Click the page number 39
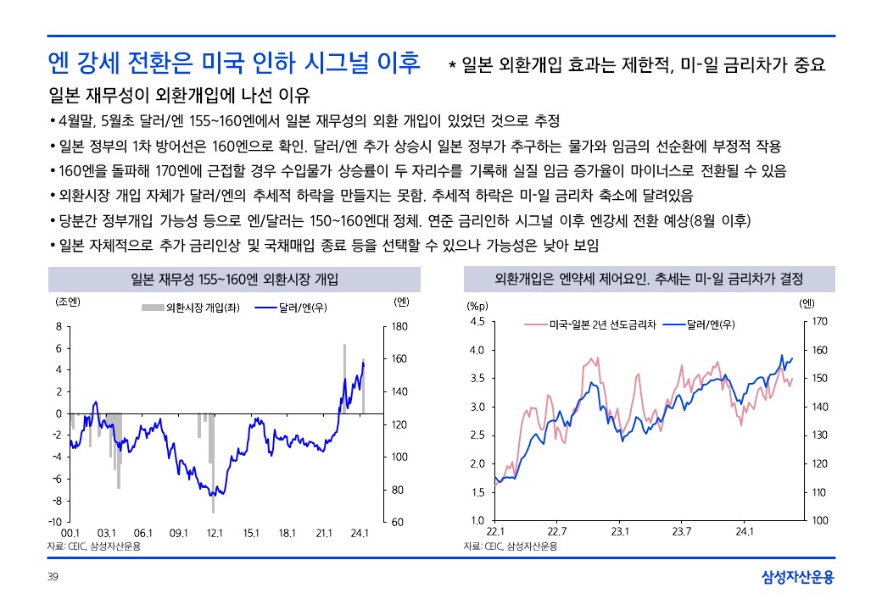53,578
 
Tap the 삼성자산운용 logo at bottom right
798,578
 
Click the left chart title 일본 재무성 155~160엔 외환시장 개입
229,279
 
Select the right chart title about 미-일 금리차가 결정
649,279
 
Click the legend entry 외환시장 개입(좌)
192,307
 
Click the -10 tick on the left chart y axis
55,522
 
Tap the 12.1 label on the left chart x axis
215,533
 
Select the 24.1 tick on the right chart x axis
745,531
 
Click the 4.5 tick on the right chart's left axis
477,322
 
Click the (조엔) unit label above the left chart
67,301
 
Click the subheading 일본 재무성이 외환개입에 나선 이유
180,95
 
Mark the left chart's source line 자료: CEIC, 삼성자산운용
94,546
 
